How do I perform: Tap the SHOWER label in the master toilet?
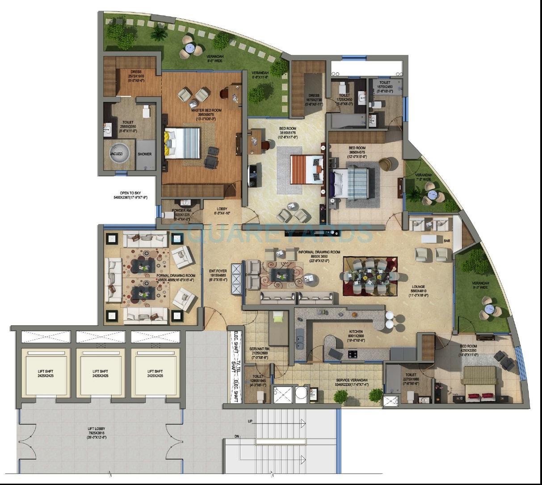[x=144, y=154]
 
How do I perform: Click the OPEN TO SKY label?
[x=130, y=193]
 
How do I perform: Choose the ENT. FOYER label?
[x=218, y=270]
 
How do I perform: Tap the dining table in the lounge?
[x=370, y=276]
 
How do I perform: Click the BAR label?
[x=447, y=241]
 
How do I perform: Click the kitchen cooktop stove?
[x=353, y=354]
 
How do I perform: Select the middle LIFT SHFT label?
[x=100, y=371]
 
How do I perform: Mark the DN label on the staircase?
[x=237, y=436]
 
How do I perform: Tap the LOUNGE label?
[x=418, y=287]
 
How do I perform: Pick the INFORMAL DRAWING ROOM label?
[x=319, y=252]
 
